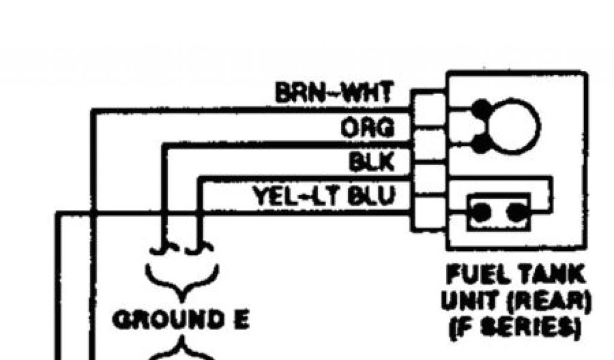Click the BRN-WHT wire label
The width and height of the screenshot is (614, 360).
(x=334, y=93)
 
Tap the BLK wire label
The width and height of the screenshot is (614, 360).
(x=372, y=161)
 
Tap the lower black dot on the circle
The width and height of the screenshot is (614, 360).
(x=480, y=144)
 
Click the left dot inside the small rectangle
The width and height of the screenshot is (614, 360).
(x=481, y=212)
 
